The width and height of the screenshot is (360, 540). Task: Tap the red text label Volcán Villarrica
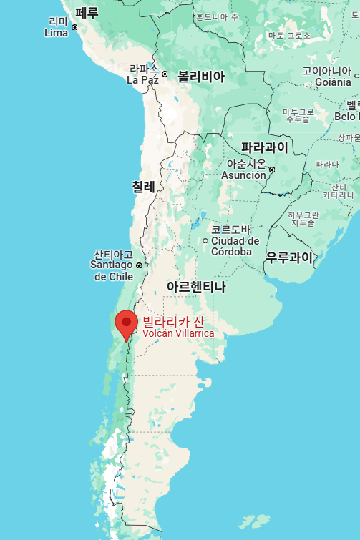pos(178,333)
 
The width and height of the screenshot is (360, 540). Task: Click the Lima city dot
pos(74,27)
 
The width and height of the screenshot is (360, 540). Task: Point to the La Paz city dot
pos(164,74)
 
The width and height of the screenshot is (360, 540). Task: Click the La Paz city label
pos(142,75)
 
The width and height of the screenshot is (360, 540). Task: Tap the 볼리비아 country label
pos(201,77)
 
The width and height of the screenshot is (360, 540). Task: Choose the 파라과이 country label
pos(264,148)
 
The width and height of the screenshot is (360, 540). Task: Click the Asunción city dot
pos(272,169)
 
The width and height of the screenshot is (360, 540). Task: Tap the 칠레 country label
pos(143,187)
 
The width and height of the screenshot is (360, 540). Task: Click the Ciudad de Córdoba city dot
pos(205,240)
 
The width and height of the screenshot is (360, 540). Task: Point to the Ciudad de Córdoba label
pos(235,241)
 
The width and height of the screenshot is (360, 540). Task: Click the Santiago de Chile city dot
pos(139,265)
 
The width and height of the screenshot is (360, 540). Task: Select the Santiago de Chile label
pos(113,265)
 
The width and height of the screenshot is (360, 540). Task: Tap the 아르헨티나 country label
pos(195,287)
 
